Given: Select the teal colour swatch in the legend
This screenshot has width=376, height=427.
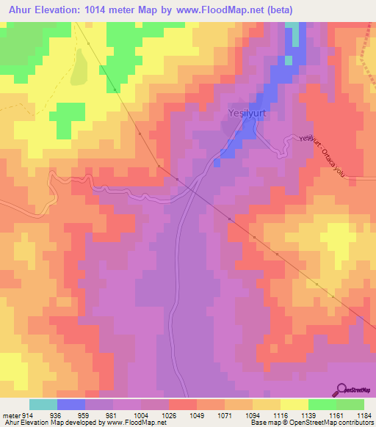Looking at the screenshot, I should [x=43, y=404].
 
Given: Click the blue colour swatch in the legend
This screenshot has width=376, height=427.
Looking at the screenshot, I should [x=71, y=404].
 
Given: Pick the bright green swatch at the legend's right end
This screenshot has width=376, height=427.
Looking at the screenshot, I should [x=350, y=404].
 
